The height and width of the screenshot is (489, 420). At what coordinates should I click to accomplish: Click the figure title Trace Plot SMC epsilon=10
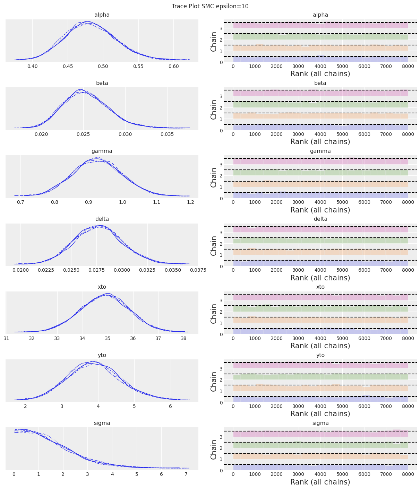(x=210, y=6)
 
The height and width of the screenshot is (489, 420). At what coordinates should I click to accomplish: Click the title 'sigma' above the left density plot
(x=102, y=423)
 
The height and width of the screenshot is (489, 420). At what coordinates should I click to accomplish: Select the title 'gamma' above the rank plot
(x=320, y=151)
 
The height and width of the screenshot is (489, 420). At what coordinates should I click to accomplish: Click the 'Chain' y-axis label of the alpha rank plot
(x=214, y=42)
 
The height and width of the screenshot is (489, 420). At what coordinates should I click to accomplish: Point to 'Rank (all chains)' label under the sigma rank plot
(x=320, y=482)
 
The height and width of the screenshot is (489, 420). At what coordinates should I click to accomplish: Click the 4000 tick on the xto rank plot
(x=320, y=339)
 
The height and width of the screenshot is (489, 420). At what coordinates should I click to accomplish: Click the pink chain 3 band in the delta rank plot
(x=320, y=229)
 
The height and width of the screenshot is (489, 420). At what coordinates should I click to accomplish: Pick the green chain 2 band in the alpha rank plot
(x=320, y=37)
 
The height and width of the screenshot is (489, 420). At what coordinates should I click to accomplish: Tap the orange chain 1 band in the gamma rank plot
(x=320, y=184)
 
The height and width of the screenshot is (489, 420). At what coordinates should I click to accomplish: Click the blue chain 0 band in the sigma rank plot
(x=320, y=467)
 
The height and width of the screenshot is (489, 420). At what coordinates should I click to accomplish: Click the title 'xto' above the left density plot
(x=102, y=287)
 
